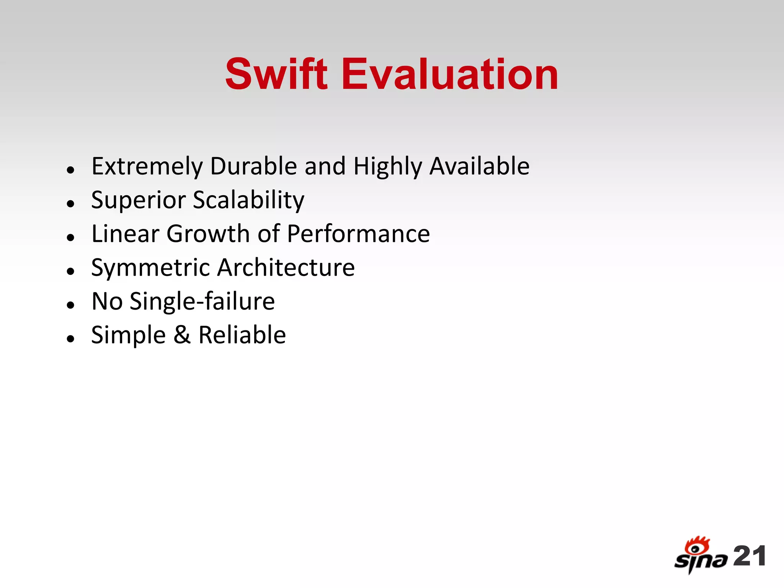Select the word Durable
pos(253,166)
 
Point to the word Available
pos(479,166)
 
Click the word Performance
pos(358,234)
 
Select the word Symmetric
pos(150,268)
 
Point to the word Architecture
pos(286,267)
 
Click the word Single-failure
pos(202,301)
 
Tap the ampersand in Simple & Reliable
pos(182,335)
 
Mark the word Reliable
pos(242,335)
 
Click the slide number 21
pos(749,556)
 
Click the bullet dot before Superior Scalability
pos(70,203)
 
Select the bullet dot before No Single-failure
pos(70,305)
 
